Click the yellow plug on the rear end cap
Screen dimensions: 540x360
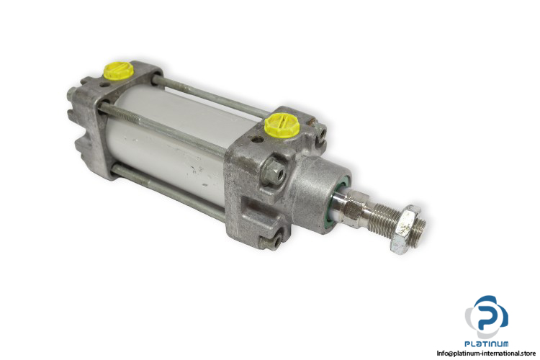tap(119, 71)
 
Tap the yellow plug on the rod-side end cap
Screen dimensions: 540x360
tap(282, 125)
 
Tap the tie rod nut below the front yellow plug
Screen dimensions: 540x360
tap(274, 171)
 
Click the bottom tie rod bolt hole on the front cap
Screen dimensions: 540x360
tap(274, 242)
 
